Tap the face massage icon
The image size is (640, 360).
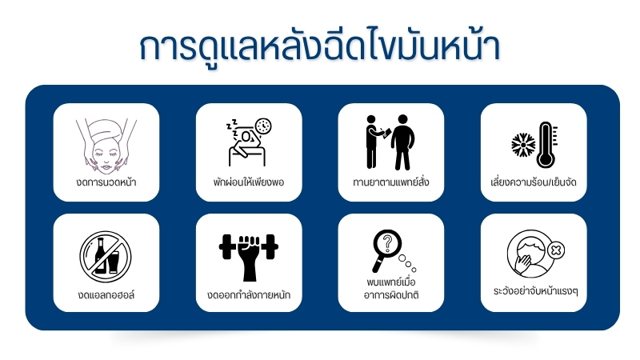(x=106, y=146)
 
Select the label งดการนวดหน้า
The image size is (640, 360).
(x=106, y=182)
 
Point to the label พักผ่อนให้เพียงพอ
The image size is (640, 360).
(x=249, y=182)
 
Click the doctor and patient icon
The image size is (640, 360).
(x=390, y=142)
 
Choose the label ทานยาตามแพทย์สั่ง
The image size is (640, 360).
(x=391, y=182)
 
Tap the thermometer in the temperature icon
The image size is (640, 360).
(x=547, y=145)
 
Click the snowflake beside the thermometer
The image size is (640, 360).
(x=523, y=145)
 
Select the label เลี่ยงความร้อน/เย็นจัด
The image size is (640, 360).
(x=534, y=182)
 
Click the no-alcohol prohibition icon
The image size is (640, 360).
(x=106, y=256)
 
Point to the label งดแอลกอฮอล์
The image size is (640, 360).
(x=106, y=294)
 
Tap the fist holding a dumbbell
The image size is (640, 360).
(x=249, y=257)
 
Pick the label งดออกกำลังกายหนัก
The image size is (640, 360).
(x=249, y=294)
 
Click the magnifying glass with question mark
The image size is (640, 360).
(x=386, y=249)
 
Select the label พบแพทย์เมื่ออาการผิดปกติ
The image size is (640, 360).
(x=391, y=288)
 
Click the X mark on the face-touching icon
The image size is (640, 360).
(x=555, y=250)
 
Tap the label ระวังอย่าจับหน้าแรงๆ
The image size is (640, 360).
(x=535, y=291)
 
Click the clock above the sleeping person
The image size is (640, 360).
(x=263, y=126)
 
